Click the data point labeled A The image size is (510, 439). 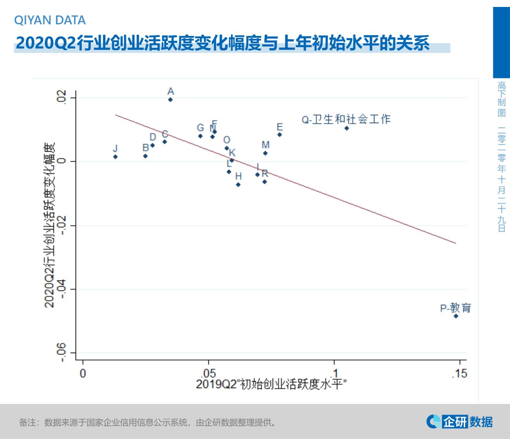(170, 100)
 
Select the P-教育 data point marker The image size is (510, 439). (456, 316)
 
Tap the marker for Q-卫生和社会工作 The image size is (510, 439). (347, 128)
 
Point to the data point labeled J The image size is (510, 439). (115, 157)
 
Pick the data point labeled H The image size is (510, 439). (238, 185)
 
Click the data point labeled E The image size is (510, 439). (280, 135)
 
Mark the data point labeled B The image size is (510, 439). (146, 156)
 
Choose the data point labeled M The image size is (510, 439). (265, 153)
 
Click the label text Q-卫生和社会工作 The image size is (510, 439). (346, 120)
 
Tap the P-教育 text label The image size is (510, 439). (456, 308)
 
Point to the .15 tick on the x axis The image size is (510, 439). (459, 373)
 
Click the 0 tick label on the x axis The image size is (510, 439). (83, 373)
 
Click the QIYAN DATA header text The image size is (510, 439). (50, 20)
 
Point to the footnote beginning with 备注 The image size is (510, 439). (148, 422)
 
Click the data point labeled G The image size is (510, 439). (200, 136)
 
